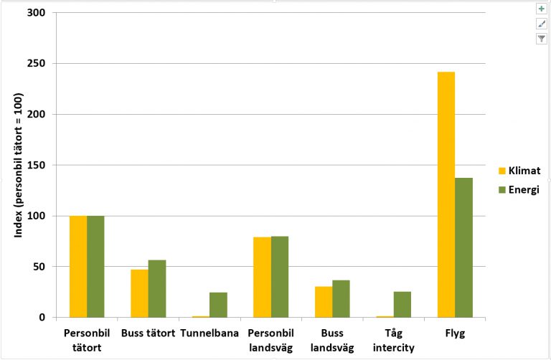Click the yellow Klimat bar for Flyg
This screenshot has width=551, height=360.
coord(446,194)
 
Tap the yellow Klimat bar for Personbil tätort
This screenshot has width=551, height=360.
coord(78,266)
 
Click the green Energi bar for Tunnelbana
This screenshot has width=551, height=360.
coord(218,305)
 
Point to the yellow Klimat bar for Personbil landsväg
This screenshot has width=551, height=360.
coord(262,277)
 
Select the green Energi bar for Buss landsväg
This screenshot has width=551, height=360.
coord(341,298)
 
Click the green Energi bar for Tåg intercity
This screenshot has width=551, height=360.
coord(402,304)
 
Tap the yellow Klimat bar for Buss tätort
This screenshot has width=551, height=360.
coord(139,293)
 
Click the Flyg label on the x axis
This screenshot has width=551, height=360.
coord(455,333)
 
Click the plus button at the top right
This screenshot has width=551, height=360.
coord(542,9)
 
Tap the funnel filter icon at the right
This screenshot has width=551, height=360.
coord(542,39)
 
